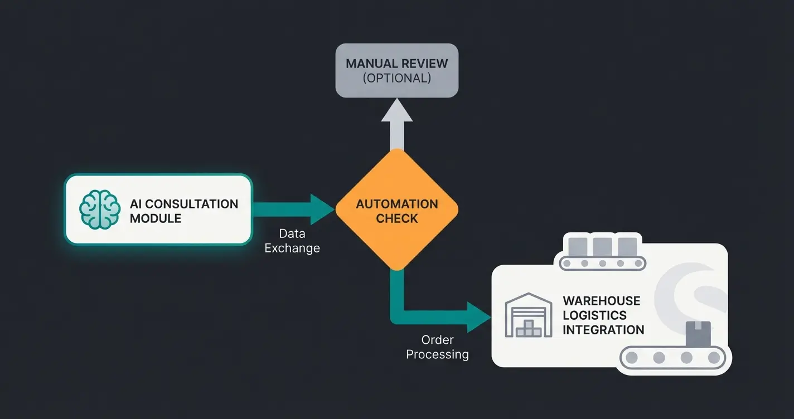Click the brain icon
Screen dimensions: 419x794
[x=100, y=209]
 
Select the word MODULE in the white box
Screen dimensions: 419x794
[x=156, y=218]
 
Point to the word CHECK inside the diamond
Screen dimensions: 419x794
[x=396, y=218]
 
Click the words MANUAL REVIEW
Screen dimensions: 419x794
[x=396, y=64]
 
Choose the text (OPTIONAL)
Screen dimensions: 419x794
[x=396, y=78]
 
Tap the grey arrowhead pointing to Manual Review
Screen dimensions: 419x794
[x=396, y=111]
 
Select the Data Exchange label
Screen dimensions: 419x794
[x=292, y=241]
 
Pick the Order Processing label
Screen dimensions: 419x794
[x=437, y=347]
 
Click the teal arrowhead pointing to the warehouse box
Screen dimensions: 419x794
[x=478, y=317]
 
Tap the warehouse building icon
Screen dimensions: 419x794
[x=528, y=315]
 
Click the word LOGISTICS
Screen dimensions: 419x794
[x=594, y=315]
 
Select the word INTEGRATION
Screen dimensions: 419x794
[x=603, y=330]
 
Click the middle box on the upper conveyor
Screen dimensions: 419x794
[x=603, y=246]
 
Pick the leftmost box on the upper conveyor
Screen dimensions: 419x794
[x=578, y=246]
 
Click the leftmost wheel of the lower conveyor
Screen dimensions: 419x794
[x=632, y=358]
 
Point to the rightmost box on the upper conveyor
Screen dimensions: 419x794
[x=627, y=246]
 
